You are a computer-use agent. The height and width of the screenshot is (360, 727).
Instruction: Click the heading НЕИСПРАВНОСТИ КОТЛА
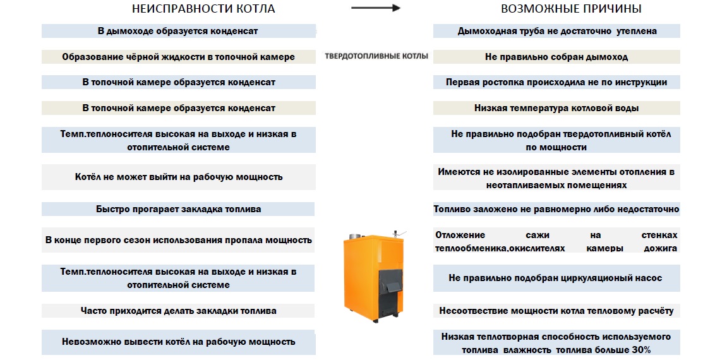203,9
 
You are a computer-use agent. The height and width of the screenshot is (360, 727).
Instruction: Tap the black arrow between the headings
376,8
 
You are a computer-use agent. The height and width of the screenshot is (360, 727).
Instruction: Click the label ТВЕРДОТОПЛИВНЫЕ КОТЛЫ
376,56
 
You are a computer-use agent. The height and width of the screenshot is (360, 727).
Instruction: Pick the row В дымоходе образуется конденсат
178,31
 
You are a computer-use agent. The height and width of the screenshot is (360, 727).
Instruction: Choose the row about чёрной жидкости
178,57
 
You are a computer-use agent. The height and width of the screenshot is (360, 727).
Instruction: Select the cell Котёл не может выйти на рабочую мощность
179,177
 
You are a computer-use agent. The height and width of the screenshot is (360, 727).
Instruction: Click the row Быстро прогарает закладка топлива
179,209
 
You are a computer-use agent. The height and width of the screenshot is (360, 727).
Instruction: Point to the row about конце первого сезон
179,240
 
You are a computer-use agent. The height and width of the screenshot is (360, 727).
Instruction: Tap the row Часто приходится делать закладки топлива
179,311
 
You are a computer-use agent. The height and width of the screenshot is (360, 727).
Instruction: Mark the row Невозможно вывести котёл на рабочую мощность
179,342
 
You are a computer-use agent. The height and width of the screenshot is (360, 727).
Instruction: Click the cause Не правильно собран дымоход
557,57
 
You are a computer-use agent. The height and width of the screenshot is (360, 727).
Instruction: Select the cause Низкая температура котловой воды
557,108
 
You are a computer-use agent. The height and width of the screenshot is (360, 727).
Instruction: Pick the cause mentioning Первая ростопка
556,82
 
